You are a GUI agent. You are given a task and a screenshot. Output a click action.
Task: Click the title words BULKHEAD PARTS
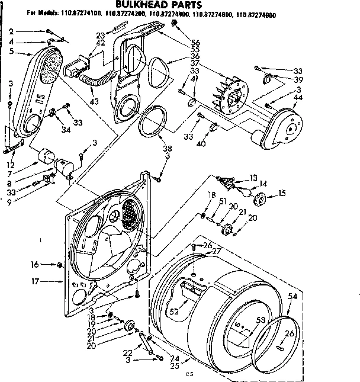click(x=180, y=5)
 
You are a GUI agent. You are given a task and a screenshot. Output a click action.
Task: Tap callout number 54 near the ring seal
click(x=292, y=296)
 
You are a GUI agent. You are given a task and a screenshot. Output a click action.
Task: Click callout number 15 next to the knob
click(x=282, y=192)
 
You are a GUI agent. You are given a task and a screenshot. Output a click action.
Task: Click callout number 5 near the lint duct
click(x=11, y=52)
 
